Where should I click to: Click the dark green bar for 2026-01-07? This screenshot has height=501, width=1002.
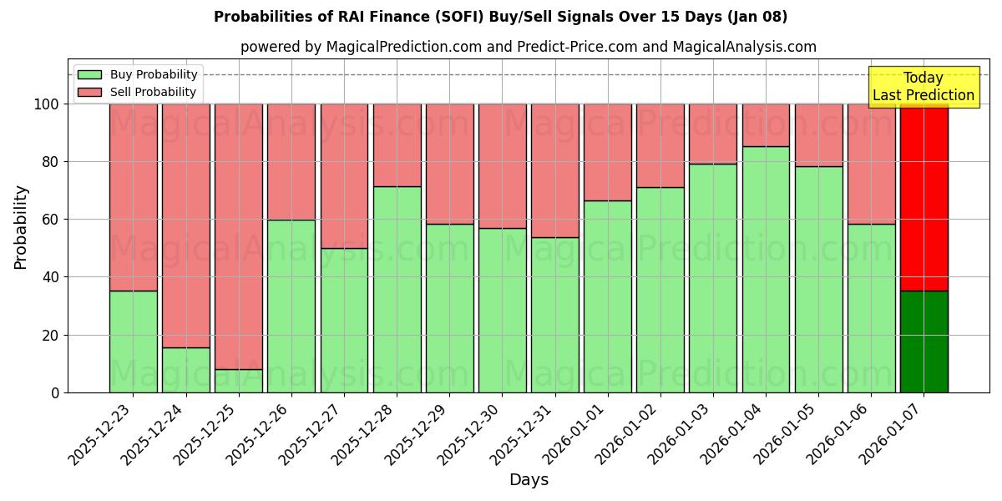tap(924, 342)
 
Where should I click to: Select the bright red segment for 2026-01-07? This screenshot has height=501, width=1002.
tap(924, 197)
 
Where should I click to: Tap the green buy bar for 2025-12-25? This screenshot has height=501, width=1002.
tap(239, 381)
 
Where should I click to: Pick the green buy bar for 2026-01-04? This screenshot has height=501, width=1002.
tap(766, 269)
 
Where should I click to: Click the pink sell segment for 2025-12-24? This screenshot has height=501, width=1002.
tap(186, 225)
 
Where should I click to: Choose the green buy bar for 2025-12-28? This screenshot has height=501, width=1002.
tap(397, 289)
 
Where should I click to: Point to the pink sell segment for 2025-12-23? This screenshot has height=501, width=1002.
tap(134, 197)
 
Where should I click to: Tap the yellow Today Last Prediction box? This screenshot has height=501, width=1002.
tap(923, 87)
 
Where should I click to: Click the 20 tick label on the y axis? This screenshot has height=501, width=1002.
tap(50, 335)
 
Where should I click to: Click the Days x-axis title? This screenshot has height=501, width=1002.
tap(529, 480)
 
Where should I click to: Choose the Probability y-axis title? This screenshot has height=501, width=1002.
tap(22, 227)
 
